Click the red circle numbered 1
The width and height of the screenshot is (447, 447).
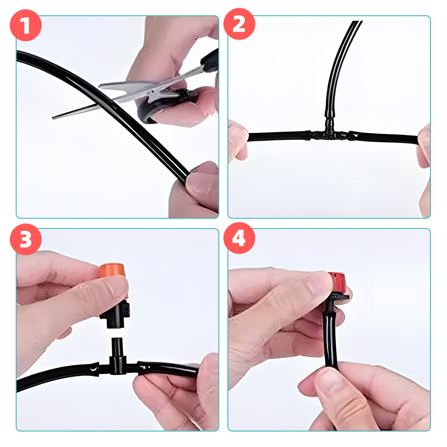tap(25, 25)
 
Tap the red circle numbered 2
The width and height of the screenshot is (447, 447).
tap(239, 24)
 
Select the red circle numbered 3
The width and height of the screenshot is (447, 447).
tap(25, 239)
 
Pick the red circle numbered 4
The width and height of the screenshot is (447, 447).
tap(239, 238)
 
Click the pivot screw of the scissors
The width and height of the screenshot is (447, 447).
tap(149, 93)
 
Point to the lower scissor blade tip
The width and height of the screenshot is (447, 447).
tap(53, 118)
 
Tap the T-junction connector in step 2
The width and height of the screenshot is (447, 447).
tap(330, 134)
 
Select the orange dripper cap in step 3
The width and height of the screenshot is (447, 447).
tap(112, 270)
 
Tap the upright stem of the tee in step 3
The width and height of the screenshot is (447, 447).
tap(117, 347)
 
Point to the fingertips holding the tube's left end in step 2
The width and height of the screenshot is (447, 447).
tap(239, 139)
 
